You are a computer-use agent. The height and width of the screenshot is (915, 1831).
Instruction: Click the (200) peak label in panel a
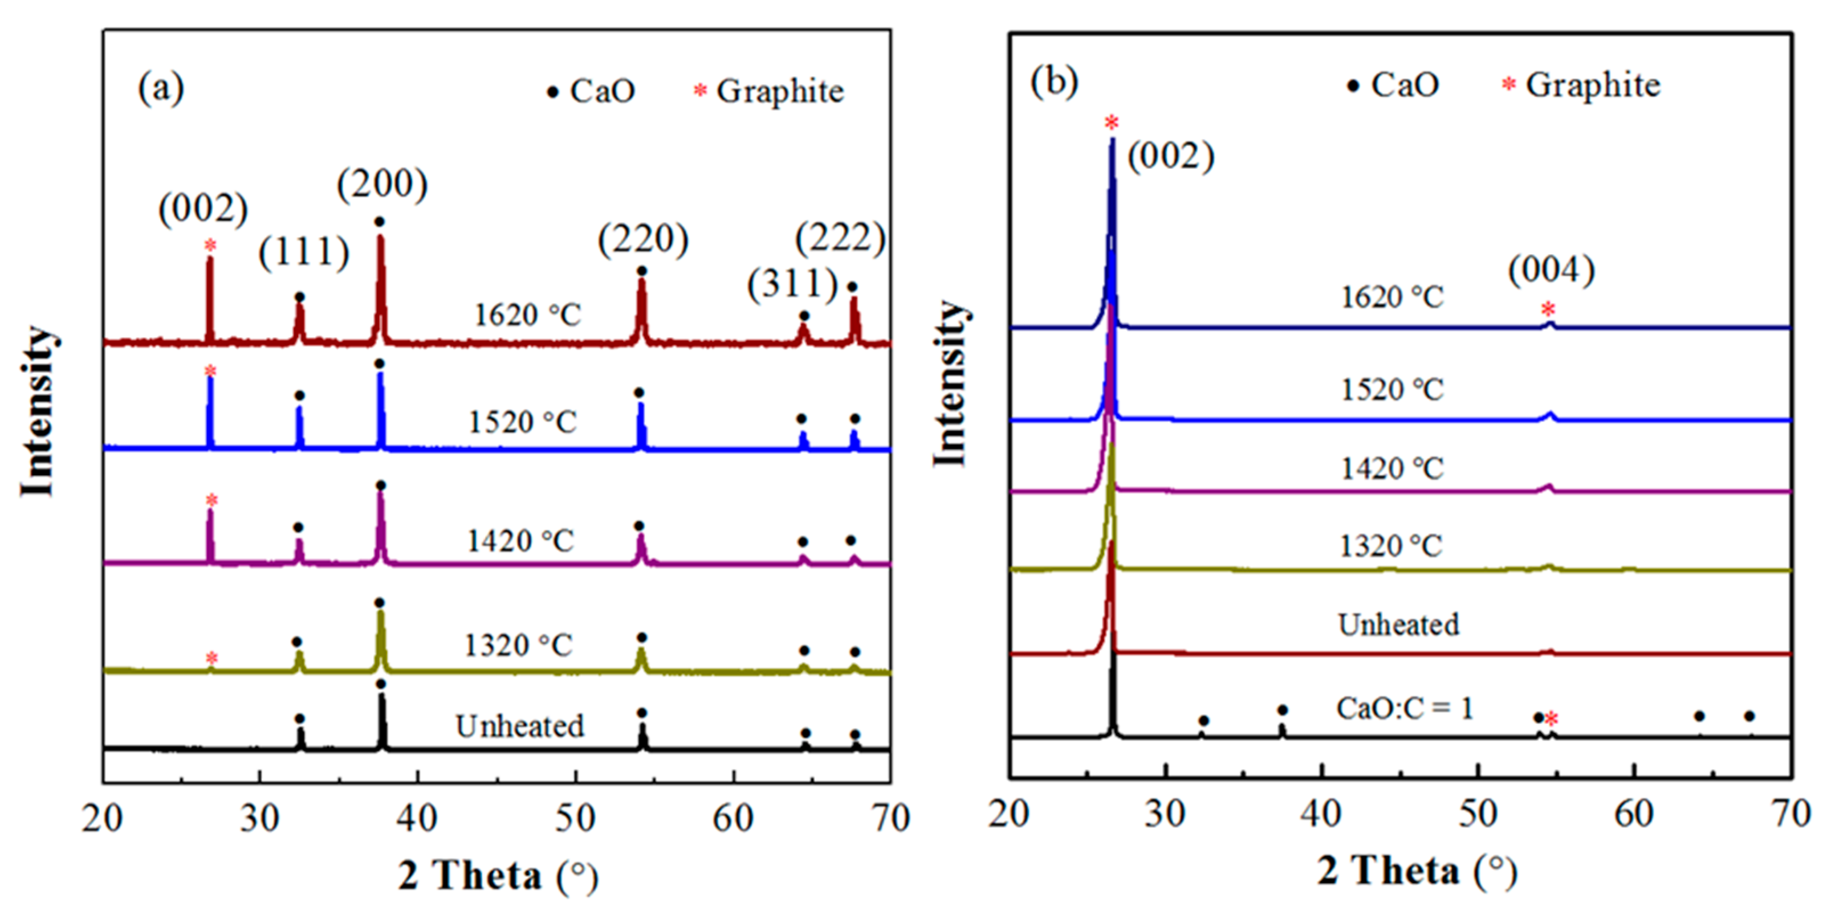coord(383,185)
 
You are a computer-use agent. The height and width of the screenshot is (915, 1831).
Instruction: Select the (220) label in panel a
coord(643,239)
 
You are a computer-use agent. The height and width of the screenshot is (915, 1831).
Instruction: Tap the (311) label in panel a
coord(792,284)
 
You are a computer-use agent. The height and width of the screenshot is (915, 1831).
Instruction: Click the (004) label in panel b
coord(1552,270)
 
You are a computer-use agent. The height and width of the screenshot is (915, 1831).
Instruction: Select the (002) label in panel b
coord(1171,156)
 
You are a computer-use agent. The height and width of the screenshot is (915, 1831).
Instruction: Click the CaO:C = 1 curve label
coord(1405,709)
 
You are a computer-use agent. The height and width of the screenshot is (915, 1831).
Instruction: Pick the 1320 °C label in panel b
coord(1391,546)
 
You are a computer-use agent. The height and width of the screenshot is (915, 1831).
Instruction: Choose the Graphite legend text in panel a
coord(780,92)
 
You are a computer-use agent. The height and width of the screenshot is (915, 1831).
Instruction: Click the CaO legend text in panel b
coord(1405,85)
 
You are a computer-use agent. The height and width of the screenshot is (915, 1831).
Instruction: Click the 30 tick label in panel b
coord(1165,814)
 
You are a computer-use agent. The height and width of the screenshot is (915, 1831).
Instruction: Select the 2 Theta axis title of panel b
coord(1417,872)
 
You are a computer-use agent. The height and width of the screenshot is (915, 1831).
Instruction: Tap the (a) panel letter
coord(161,88)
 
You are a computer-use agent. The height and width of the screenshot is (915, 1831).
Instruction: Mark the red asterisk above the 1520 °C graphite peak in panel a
coord(210,371)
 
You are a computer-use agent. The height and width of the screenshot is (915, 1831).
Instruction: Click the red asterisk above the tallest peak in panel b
coord(1112,123)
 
